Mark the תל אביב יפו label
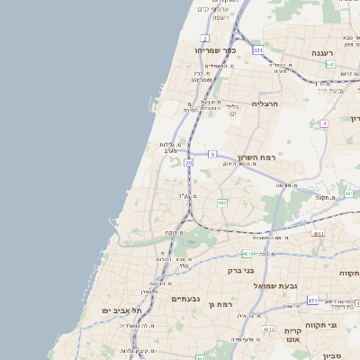(122, 310)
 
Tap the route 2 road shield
(205, 38)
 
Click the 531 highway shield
(257, 51)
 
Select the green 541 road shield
(330, 65)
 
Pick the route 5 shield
(212, 155)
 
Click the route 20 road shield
(188, 163)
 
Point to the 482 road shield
(222, 203)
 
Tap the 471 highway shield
(312, 301)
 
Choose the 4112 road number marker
(268, 330)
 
